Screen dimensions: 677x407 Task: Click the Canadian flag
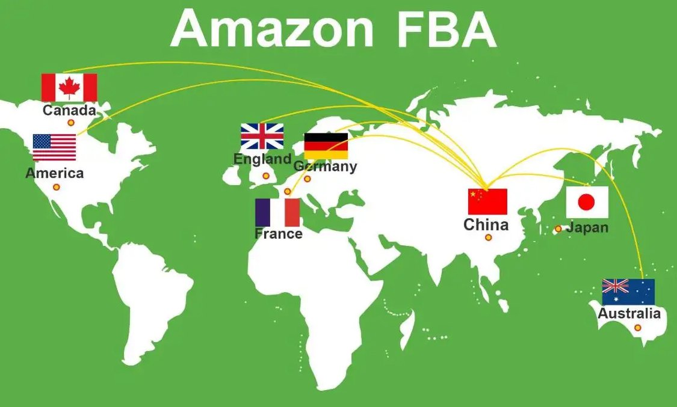(x=69, y=88)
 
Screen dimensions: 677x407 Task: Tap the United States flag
(x=54, y=147)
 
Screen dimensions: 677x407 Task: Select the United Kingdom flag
(x=262, y=136)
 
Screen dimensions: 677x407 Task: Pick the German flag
(x=326, y=146)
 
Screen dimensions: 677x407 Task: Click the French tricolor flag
(x=277, y=212)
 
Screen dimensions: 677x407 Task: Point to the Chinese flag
(x=488, y=201)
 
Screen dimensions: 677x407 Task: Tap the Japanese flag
(x=587, y=202)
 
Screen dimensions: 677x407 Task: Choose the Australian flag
(x=628, y=292)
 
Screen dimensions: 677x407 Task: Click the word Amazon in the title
(x=273, y=29)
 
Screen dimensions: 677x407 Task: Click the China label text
(x=486, y=225)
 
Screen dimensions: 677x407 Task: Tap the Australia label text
(x=629, y=313)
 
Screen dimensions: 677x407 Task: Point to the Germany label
(x=325, y=167)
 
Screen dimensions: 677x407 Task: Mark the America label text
(x=55, y=173)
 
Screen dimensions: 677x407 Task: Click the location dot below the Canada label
(x=71, y=123)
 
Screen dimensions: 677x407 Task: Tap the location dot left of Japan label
(x=558, y=229)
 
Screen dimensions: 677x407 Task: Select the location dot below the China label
(x=488, y=237)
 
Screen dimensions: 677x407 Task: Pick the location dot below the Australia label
(x=638, y=328)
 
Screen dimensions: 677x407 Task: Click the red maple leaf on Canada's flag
(x=69, y=87)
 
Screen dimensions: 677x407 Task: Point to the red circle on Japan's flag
(x=586, y=202)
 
